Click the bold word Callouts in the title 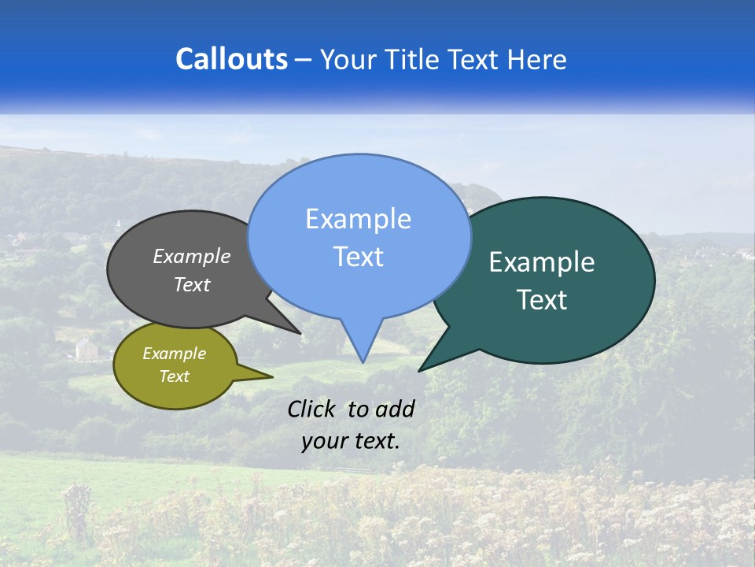[231, 59]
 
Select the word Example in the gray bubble [192, 256]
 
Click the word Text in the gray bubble [192, 284]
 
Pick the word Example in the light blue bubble [358, 219]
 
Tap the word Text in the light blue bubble [358, 257]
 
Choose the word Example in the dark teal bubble [542, 262]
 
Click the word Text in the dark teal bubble [542, 300]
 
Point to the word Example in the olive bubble [175, 354]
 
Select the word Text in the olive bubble [175, 376]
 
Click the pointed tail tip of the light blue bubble [363, 361]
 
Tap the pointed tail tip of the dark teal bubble [420, 370]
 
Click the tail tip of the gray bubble [300, 333]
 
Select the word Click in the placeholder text [312, 409]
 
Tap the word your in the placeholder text [323, 440]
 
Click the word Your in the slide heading [348, 59]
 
